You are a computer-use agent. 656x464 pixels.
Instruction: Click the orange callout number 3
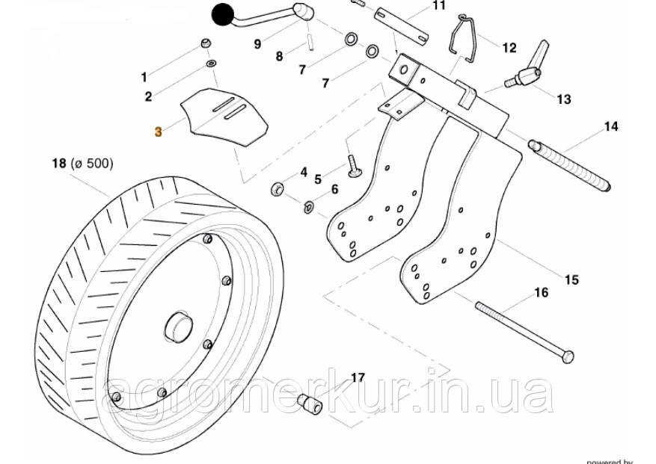click(158, 132)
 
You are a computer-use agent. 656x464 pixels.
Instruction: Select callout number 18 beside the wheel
click(58, 163)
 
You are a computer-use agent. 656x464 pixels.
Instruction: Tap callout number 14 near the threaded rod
click(611, 127)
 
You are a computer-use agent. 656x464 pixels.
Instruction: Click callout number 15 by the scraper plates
click(571, 280)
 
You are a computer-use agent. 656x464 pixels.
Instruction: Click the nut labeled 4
click(277, 187)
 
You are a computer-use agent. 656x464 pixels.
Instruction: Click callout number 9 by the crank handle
click(257, 44)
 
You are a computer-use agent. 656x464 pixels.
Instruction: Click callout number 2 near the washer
click(148, 96)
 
